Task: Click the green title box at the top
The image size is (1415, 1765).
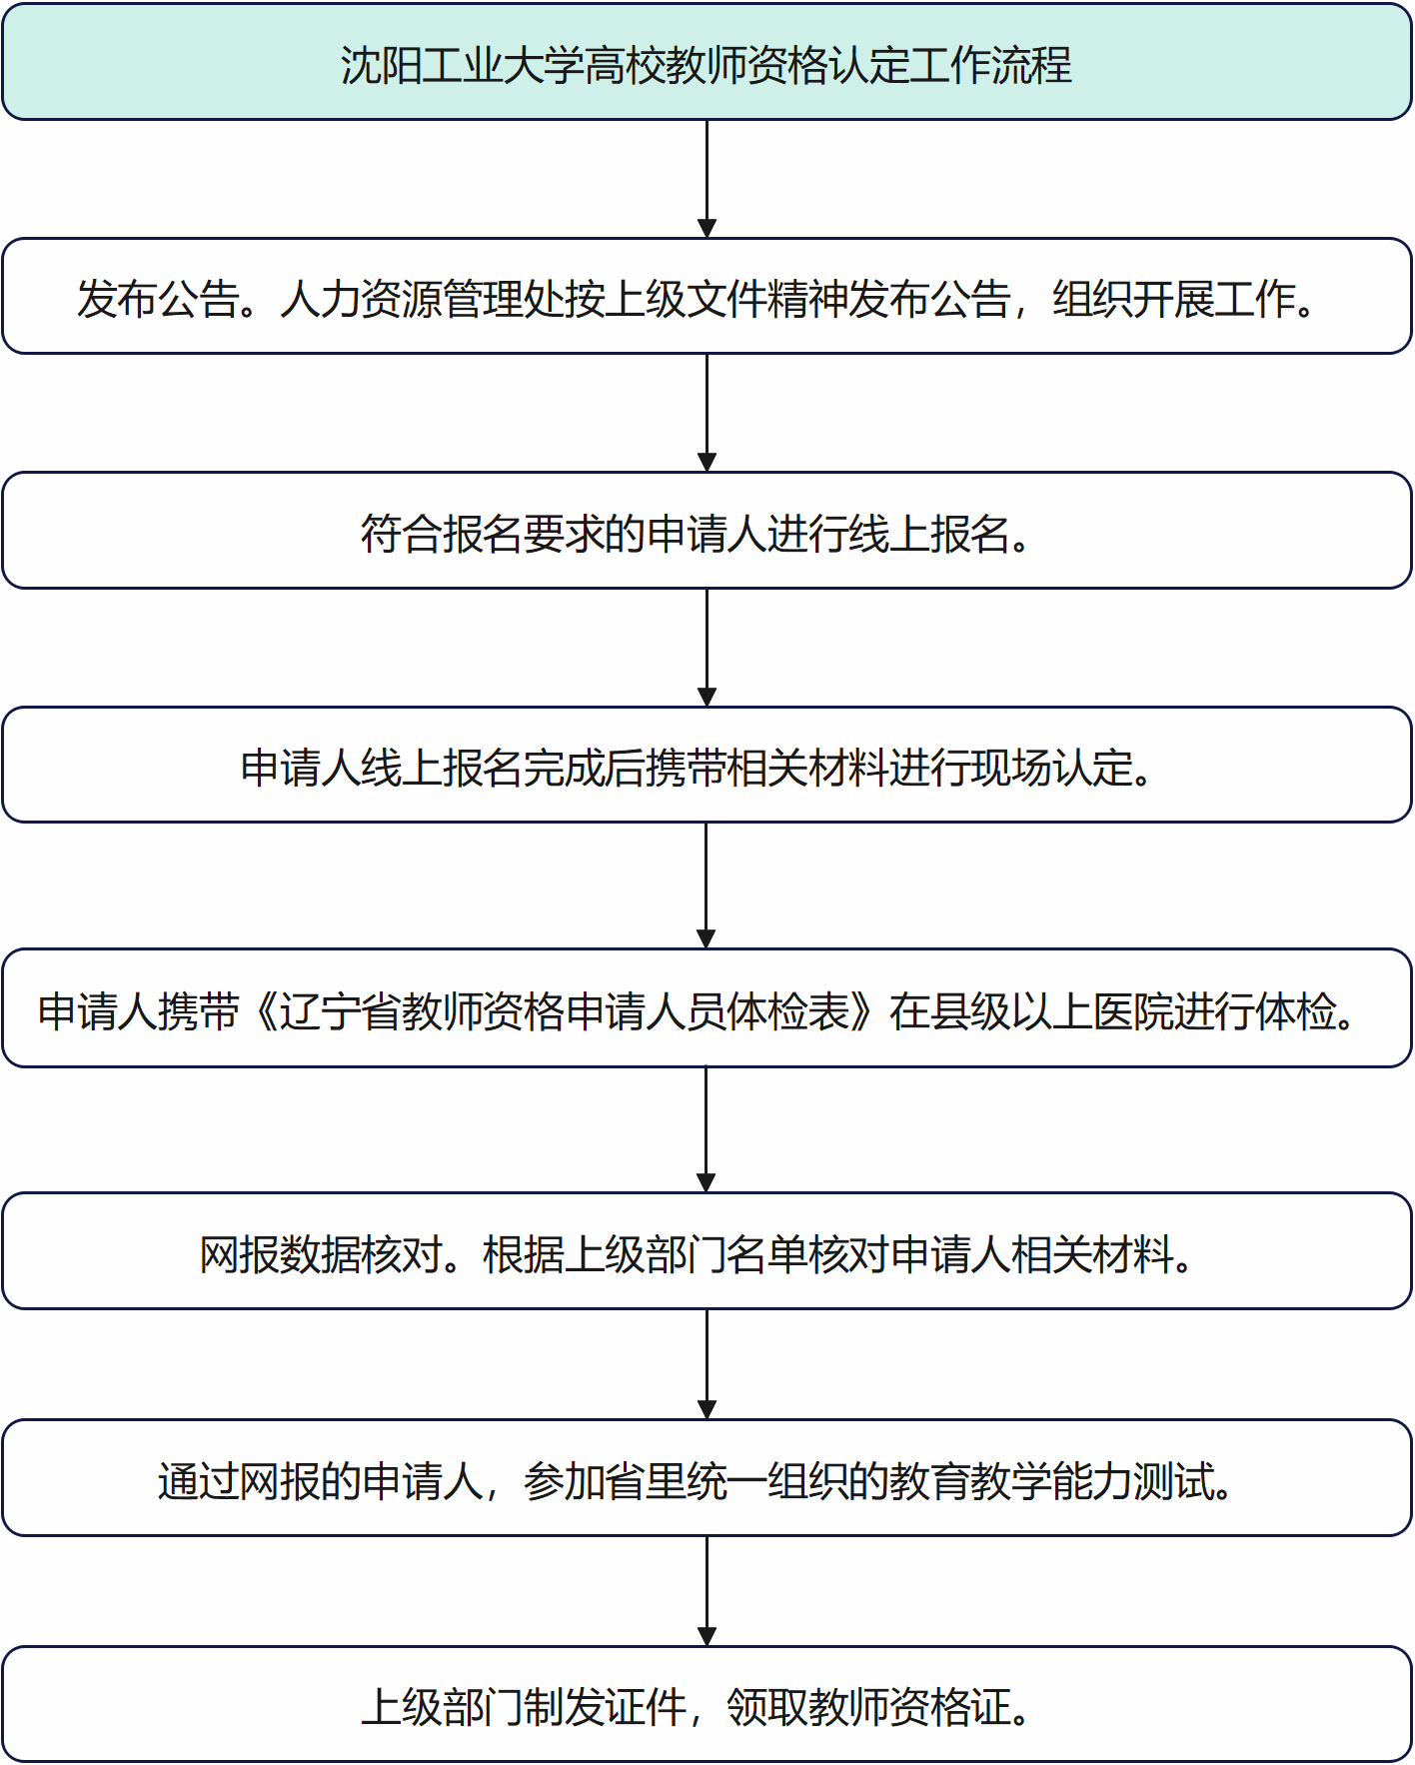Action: [x=707, y=62]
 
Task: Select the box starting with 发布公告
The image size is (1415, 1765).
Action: [x=707, y=296]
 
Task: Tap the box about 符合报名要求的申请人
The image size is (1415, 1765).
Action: [x=707, y=531]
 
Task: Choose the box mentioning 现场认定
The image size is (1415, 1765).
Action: [x=707, y=765]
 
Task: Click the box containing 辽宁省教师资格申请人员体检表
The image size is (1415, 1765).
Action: [x=707, y=1008]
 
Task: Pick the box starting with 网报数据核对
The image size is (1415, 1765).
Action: [x=707, y=1251]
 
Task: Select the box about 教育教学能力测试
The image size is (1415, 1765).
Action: [x=707, y=1478]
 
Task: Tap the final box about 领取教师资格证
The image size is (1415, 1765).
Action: [x=707, y=1704]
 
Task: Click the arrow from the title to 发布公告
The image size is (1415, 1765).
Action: [x=707, y=179]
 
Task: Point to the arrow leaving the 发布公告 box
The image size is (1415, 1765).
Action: [x=707, y=413]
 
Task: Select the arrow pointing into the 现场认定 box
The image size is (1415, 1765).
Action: [x=707, y=648]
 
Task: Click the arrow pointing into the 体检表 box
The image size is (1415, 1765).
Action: [x=706, y=885]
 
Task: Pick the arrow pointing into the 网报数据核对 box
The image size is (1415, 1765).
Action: [x=706, y=1129]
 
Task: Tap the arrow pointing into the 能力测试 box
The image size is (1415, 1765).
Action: [x=707, y=1364]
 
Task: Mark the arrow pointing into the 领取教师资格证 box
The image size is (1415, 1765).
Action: [x=707, y=1591]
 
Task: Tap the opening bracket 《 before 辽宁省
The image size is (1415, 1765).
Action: [x=262, y=1011]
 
